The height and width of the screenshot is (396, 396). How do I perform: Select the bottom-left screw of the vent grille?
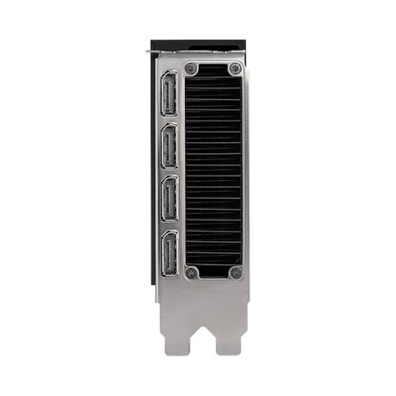click(192, 273)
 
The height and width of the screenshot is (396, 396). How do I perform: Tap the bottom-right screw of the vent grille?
click(234, 273)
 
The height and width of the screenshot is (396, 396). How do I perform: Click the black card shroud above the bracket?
click(198, 43)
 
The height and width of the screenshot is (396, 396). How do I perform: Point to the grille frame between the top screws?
click(213, 68)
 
